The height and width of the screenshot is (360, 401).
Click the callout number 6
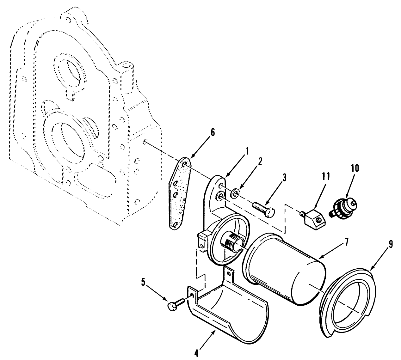tap(213, 132)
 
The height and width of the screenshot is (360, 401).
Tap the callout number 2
tap(260, 162)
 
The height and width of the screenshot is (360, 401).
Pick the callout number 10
tap(355, 168)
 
